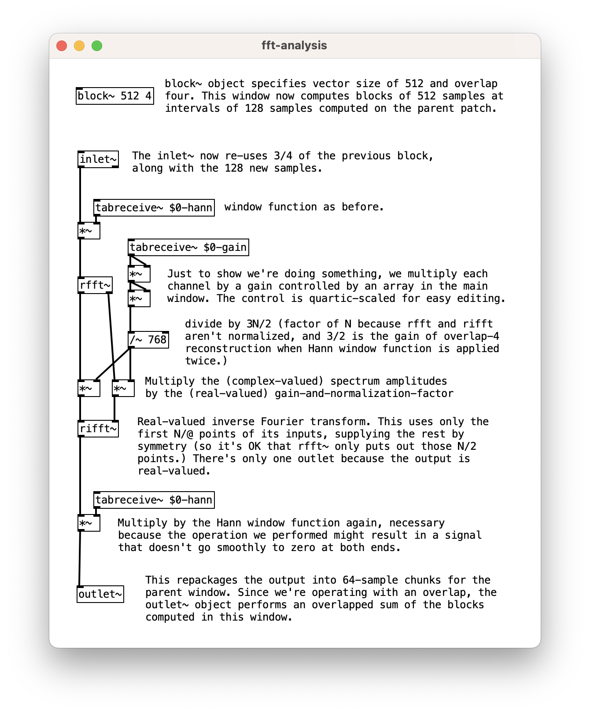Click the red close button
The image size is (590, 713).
point(62,46)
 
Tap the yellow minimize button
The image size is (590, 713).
point(79,46)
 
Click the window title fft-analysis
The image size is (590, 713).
point(294,46)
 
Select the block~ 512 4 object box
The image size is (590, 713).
point(114,96)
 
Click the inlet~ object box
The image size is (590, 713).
point(98,159)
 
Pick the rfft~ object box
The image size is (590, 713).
point(95,285)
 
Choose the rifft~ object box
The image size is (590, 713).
point(98,429)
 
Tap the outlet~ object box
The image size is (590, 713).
point(100,594)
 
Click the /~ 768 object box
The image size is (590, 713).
point(148,340)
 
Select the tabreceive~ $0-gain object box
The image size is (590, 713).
point(188,247)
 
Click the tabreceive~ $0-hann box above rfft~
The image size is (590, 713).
point(154,208)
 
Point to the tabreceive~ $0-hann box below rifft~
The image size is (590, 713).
point(154,500)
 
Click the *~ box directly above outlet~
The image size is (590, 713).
point(89,523)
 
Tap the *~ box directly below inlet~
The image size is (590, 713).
point(89,231)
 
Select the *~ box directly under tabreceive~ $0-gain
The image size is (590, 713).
point(139,274)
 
